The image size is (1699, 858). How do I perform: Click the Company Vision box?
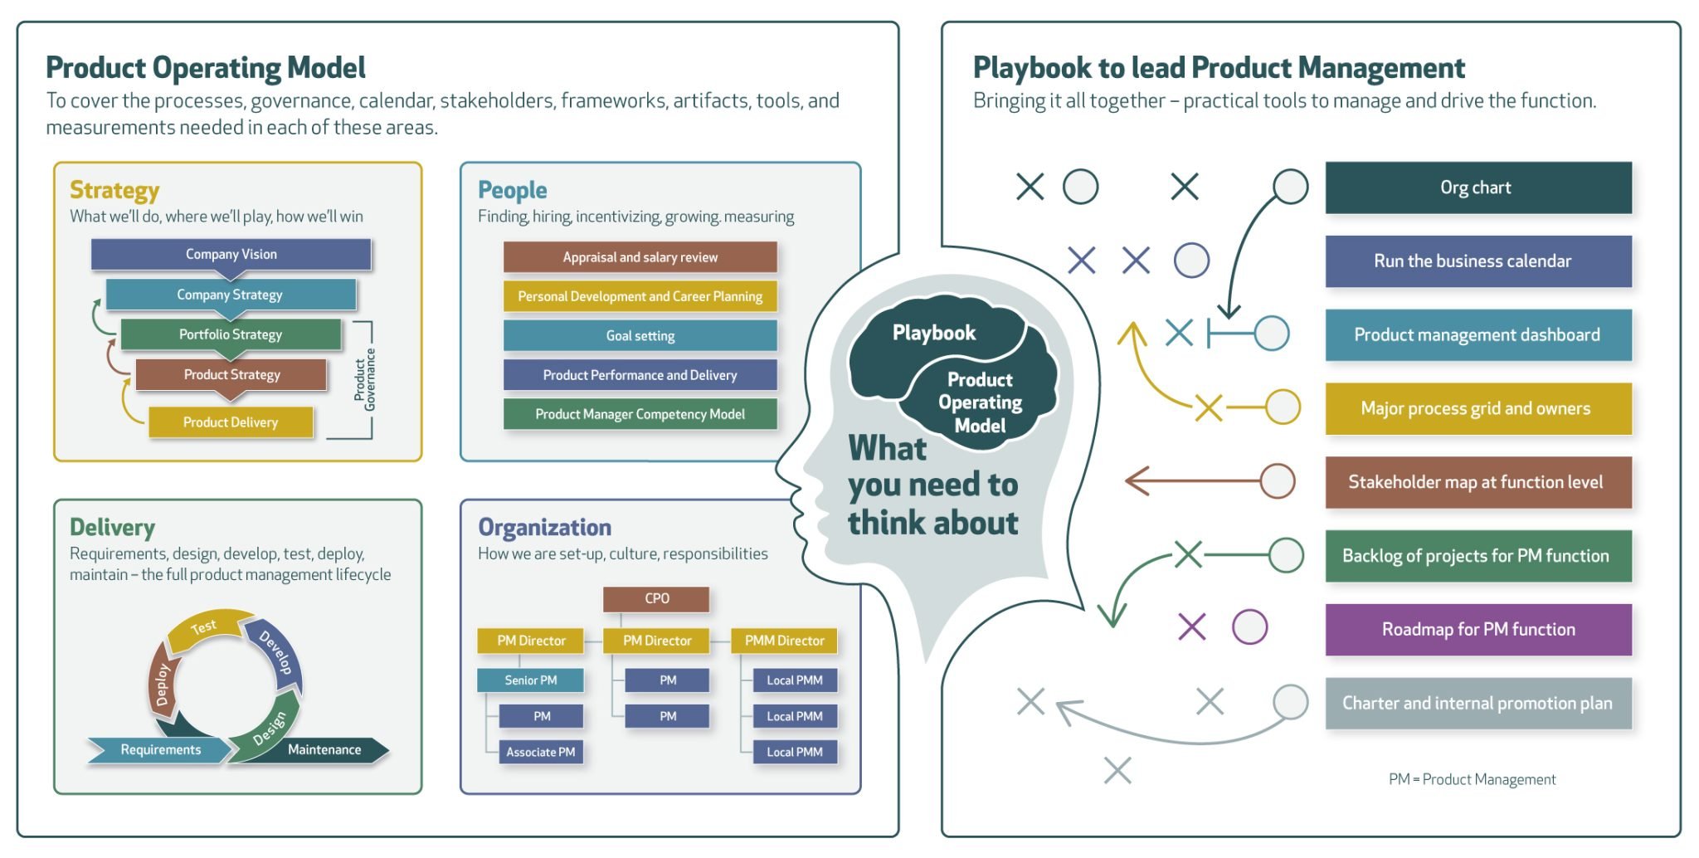231,254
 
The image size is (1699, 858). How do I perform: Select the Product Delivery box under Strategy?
231,422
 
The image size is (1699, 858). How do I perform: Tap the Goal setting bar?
640,335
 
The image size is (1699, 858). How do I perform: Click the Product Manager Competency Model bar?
640,413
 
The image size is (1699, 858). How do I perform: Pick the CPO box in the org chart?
656,598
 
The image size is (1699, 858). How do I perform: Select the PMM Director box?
784,641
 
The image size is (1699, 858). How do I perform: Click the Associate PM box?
540,752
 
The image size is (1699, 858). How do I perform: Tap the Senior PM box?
530,680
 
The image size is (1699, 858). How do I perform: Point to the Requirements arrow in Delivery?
160,749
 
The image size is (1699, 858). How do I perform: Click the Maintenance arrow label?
324,749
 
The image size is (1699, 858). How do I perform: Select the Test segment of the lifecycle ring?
204,628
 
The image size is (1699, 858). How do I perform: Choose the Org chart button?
1477,188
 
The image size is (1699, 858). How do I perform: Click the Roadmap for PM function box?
1477,629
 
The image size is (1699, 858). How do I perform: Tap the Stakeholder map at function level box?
1477,482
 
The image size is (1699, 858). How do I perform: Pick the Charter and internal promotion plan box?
1477,703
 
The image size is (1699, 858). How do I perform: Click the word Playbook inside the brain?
933,333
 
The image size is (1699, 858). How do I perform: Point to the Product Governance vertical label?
365,379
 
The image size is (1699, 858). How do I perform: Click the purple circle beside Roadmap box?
1249,626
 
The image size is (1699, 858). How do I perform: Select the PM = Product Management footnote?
1472,779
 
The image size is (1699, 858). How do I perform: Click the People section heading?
512,190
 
